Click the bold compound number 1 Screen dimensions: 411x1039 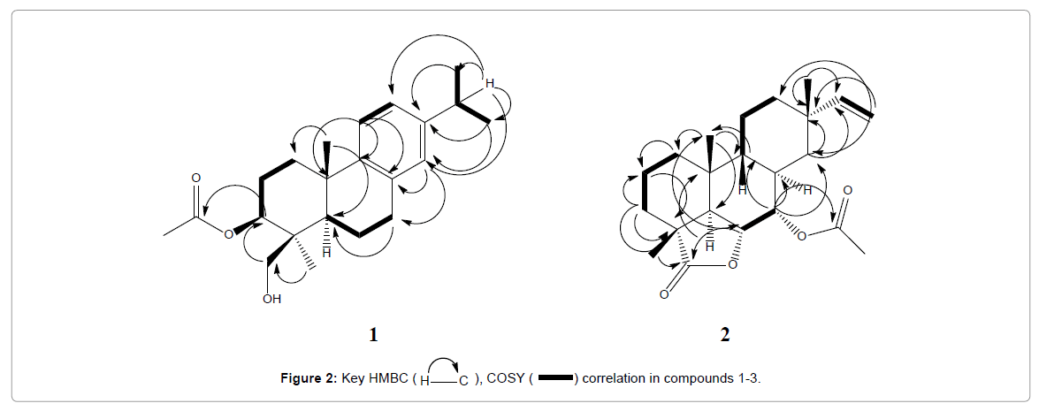coord(373,335)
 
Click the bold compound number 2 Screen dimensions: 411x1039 coord(725,335)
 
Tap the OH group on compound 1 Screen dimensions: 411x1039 coord(271,300)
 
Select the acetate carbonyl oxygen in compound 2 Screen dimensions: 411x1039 coord(847,189)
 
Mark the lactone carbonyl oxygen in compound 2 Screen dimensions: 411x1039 coord(664,294)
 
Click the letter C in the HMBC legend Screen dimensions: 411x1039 coord(463,382)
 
